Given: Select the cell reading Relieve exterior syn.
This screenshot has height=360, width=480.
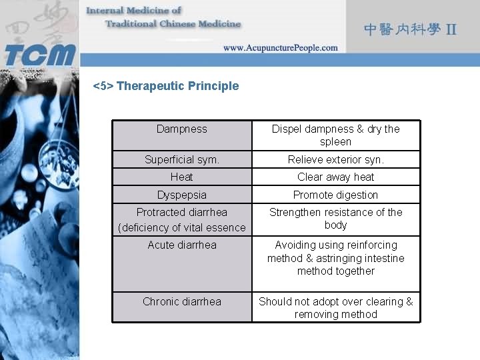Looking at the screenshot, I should pos(335,160).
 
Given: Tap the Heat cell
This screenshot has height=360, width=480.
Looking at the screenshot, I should pos(181,177).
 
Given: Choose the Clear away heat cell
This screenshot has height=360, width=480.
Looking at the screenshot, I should pos(335,177).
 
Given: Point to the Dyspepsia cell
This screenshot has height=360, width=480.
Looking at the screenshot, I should pos(181,195).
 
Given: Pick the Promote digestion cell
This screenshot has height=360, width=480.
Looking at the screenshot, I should pos(335,195).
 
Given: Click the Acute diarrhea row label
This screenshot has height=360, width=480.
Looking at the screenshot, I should pos(181,245).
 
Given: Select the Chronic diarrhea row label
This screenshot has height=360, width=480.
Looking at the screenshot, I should pos(181,302).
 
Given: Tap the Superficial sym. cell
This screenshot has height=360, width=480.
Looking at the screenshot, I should pos(181,160).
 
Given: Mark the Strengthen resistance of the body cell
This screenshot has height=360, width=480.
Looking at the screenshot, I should pos(335,219).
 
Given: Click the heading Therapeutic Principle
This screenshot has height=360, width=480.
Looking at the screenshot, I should pos(166,86).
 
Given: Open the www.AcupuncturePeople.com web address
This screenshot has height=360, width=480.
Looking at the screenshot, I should pos(280,48).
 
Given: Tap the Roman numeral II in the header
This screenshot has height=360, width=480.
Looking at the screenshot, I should pos(451,30).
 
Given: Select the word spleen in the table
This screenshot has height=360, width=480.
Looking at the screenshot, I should pos(335,142).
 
